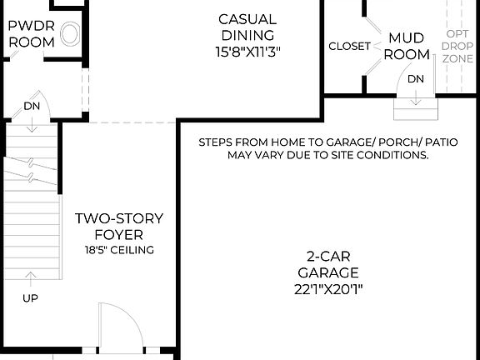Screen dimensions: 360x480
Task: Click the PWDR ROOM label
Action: tap(31, 33)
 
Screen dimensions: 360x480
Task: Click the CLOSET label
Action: tap(349, 47)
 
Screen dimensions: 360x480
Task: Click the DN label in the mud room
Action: tap(415, 77)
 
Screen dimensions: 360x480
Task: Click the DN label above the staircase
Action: tap(32, 107)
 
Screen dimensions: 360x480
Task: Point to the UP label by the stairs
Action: tap(31, 297)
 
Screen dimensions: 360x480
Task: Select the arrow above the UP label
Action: tap(31, 278)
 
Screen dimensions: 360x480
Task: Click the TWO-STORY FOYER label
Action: tap(119, 227)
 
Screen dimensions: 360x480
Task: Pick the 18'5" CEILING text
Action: tap(119, 250)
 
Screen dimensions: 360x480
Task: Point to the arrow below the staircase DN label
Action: tap(32, 125)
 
